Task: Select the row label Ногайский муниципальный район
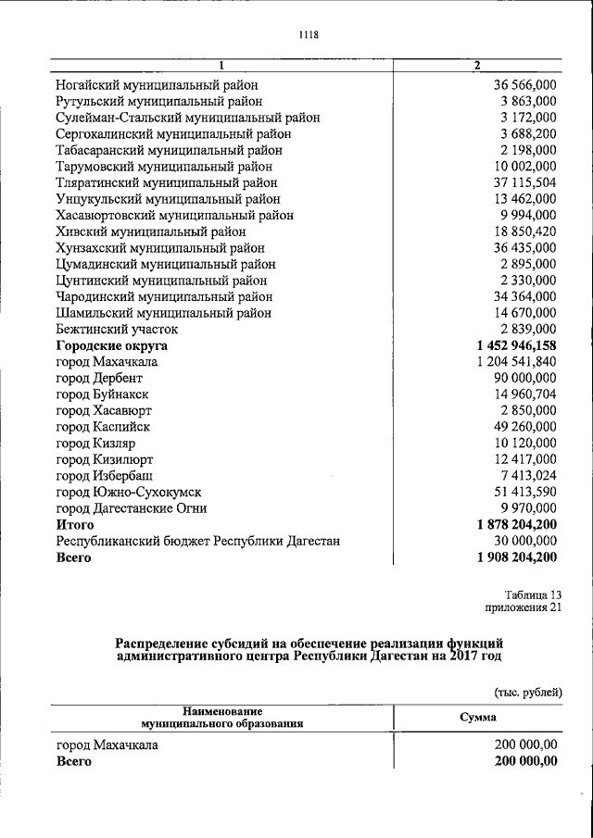154,84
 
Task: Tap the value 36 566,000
524,84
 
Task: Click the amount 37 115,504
524,182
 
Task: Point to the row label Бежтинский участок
117,329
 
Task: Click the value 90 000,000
524,378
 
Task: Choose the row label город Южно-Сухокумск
129,492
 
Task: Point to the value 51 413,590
524,492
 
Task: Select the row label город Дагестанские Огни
131,508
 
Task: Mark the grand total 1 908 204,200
516,557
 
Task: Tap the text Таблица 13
533,594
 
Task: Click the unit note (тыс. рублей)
526,692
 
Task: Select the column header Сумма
478,717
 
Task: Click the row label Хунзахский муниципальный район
160,247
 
